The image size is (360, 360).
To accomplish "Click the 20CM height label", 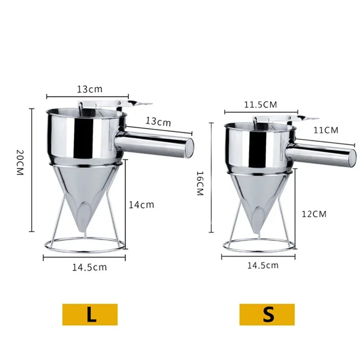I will tap(19, 162).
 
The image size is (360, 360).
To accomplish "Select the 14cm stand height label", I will tap(142, 205).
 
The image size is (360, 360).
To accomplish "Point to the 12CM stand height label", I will tap(314, 214).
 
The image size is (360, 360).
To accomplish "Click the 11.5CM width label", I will tap(261, 105).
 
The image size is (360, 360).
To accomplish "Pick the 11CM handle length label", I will tap(325, 130).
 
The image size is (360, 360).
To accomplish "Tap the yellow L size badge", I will tap(90, 314).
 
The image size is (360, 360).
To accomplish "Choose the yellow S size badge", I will tap(267, 314).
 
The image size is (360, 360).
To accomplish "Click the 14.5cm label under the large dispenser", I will tap(90, 267).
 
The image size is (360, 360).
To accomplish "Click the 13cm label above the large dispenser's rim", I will tap(90, 89).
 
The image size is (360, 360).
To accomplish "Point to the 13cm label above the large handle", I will tap(158, 121).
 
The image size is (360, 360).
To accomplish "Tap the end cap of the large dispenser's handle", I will tap(189, 147).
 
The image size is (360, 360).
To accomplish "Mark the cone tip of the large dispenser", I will tap(83, 231).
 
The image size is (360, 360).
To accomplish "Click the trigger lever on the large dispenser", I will tap(139, 104).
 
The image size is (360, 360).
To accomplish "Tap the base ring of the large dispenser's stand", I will tap(84, 247).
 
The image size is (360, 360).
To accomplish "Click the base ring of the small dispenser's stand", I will tap(259, 248).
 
